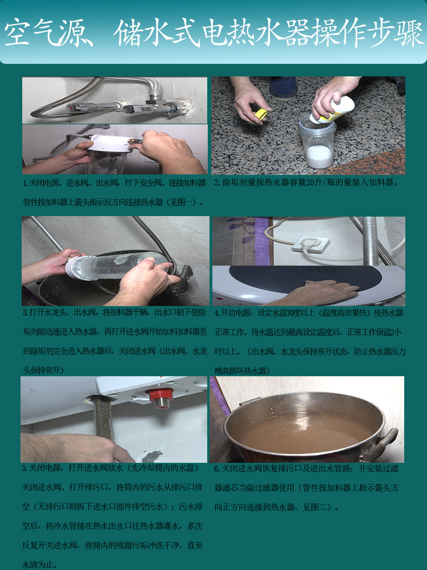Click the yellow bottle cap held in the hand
(x=261, y=114)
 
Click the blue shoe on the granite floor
(x=283, y=88)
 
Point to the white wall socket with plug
(x=310, y=243)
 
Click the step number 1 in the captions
(x=25, y=184)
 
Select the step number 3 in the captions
(x=25, y=313)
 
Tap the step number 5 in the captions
(x=24, y=469)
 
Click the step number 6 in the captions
(x=217, y=469)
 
